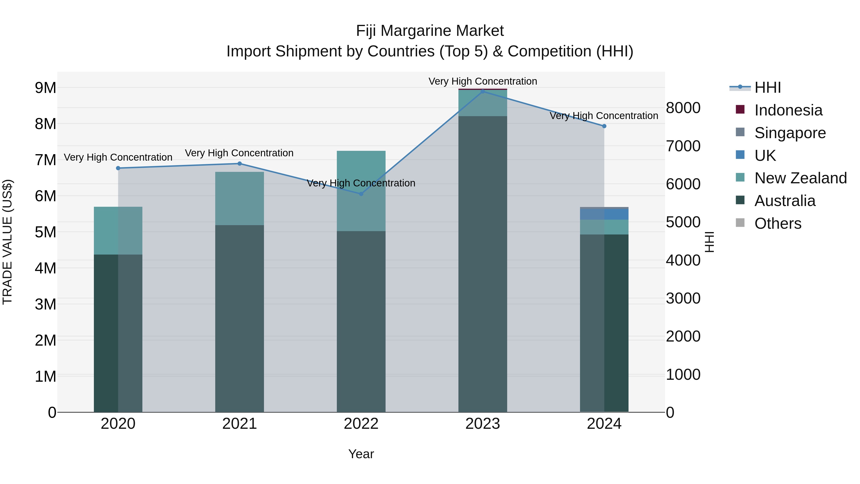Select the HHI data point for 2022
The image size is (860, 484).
coord(361,194)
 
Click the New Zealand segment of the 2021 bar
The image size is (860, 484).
coord(239,198)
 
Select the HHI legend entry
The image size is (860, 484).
coord(767,87)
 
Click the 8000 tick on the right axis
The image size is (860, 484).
coord(683,108)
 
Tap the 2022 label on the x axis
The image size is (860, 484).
coord(361,424)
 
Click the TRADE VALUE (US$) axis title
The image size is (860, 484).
coord(7,242)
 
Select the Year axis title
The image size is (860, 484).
coord(361,454)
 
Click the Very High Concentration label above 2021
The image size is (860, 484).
coord(239,153)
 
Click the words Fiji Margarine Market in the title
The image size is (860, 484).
coord(430,31)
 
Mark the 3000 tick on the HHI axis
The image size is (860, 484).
coord(683,298)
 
